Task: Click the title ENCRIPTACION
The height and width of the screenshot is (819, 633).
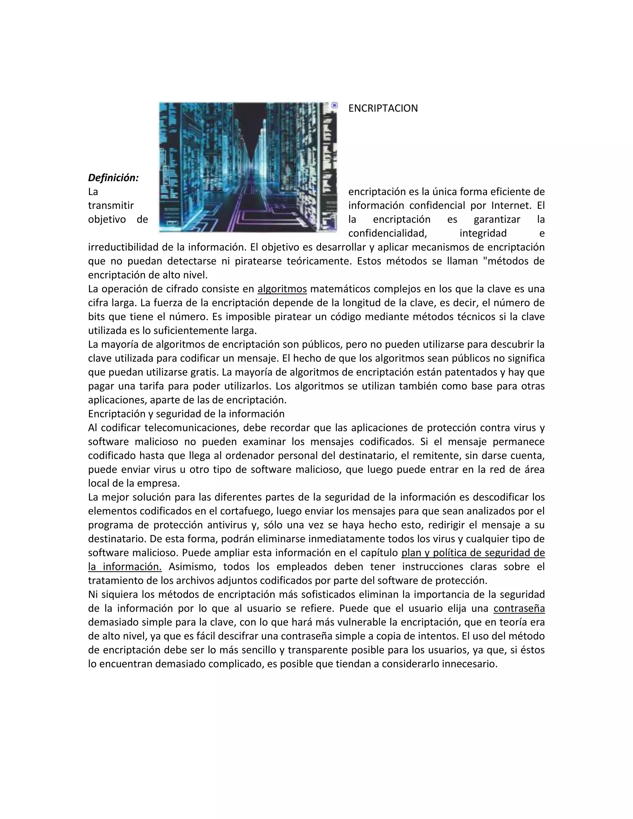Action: click(383, 108)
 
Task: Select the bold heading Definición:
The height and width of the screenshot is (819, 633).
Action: click(113, 178)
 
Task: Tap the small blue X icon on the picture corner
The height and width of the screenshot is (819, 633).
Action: click(334, 105)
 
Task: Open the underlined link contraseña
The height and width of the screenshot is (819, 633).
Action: click(519, 608)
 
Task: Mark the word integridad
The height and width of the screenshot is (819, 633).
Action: click(483, 234)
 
